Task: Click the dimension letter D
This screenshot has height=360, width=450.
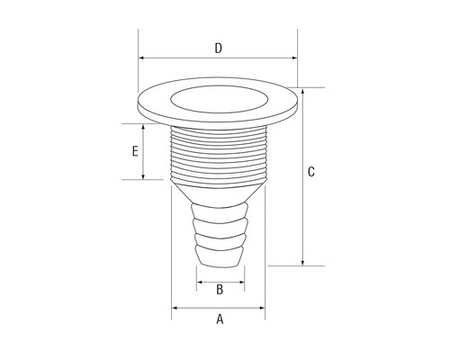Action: point(219,49)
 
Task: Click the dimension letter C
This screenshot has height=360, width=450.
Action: point(311,172)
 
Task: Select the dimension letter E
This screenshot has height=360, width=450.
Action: point(135,151)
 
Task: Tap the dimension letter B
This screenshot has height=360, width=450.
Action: point(220,290)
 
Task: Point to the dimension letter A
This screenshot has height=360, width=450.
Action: point(220,319)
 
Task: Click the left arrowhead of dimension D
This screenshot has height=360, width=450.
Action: point(141,58)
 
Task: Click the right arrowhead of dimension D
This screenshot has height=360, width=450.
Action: point(294,58)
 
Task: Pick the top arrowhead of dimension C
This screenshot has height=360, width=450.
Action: point(302,91)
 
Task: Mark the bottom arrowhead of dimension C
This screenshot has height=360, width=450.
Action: point(302,263)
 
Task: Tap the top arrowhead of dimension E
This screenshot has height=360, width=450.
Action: point(143,127)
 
